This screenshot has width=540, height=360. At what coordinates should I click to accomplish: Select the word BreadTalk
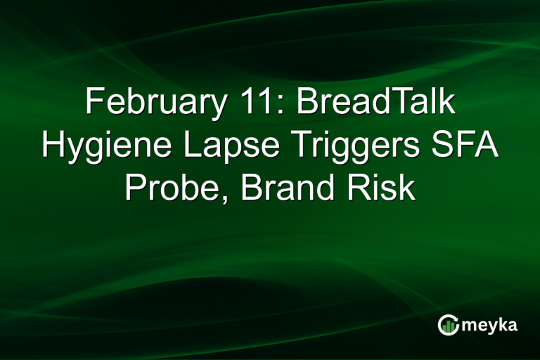click(375, 103)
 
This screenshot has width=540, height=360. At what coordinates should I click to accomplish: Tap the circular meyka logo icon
click(448, 325)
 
